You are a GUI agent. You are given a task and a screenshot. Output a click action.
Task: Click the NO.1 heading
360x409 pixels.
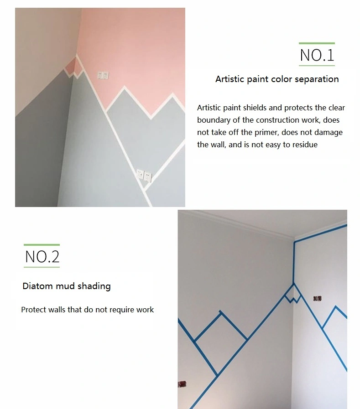coord(317,55)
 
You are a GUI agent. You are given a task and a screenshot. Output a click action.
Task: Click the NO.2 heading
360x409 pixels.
coord(42,257)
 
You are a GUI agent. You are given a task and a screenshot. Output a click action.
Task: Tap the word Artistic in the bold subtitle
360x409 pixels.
coord(230,79)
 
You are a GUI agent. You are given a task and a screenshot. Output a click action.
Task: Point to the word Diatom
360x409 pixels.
coord(38,286)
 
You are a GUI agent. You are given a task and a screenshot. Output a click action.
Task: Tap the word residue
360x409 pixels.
coord(305,145)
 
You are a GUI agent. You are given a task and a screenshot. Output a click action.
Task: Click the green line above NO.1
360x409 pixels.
coord(317,43)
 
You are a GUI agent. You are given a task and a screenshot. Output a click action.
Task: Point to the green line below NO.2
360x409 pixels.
coord(42,267)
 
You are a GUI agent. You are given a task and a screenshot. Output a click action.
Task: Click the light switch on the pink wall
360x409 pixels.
coord(103,75)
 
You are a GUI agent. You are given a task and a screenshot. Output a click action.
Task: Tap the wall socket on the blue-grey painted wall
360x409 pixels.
coord(144,175)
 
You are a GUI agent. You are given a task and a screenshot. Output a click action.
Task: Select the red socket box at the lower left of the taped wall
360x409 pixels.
coord(182,384)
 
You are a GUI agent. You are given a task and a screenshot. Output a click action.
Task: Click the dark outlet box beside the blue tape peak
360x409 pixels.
coord(317,298)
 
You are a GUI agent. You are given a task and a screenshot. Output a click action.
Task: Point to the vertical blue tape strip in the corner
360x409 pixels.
coord(294,262)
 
